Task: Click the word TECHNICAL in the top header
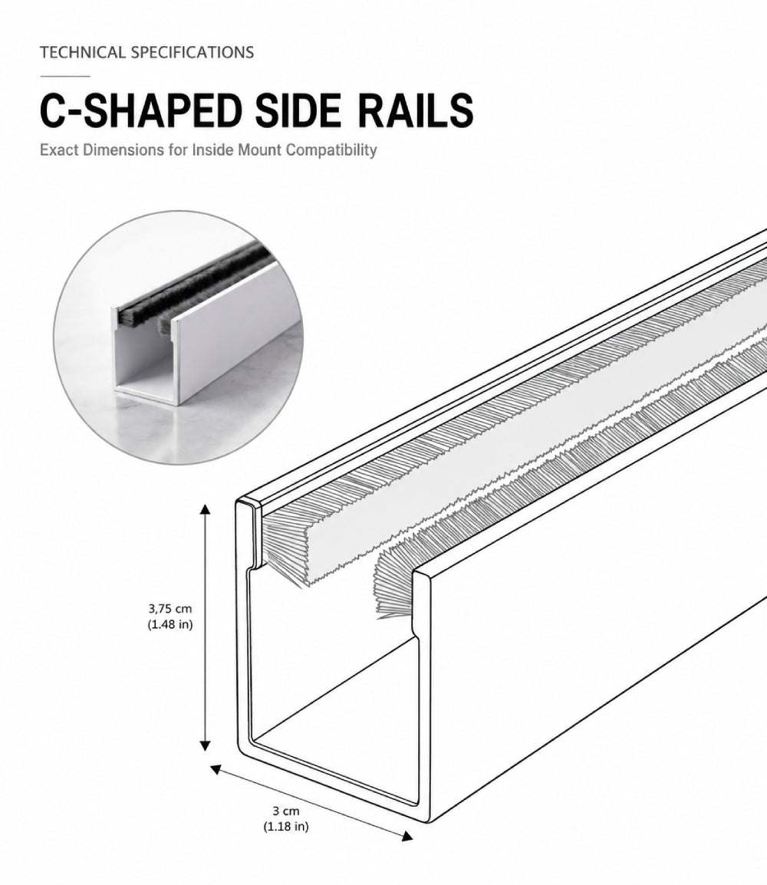point(82,52)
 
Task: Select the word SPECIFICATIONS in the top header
point(192,52)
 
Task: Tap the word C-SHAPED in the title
point(140,110)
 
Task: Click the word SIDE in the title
point(298,110)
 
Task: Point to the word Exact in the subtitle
point(59,150)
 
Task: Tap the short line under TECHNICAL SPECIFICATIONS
point(65,76)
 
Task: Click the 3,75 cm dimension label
point(170,608)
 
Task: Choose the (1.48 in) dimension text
point(170,624)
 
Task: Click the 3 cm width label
point(286,811)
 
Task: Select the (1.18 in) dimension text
point(286,826)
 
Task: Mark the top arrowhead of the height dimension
point(206,509)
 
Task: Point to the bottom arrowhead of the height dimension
point(206,745)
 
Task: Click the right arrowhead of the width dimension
point(407,836)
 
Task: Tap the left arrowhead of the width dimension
point(216,768)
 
